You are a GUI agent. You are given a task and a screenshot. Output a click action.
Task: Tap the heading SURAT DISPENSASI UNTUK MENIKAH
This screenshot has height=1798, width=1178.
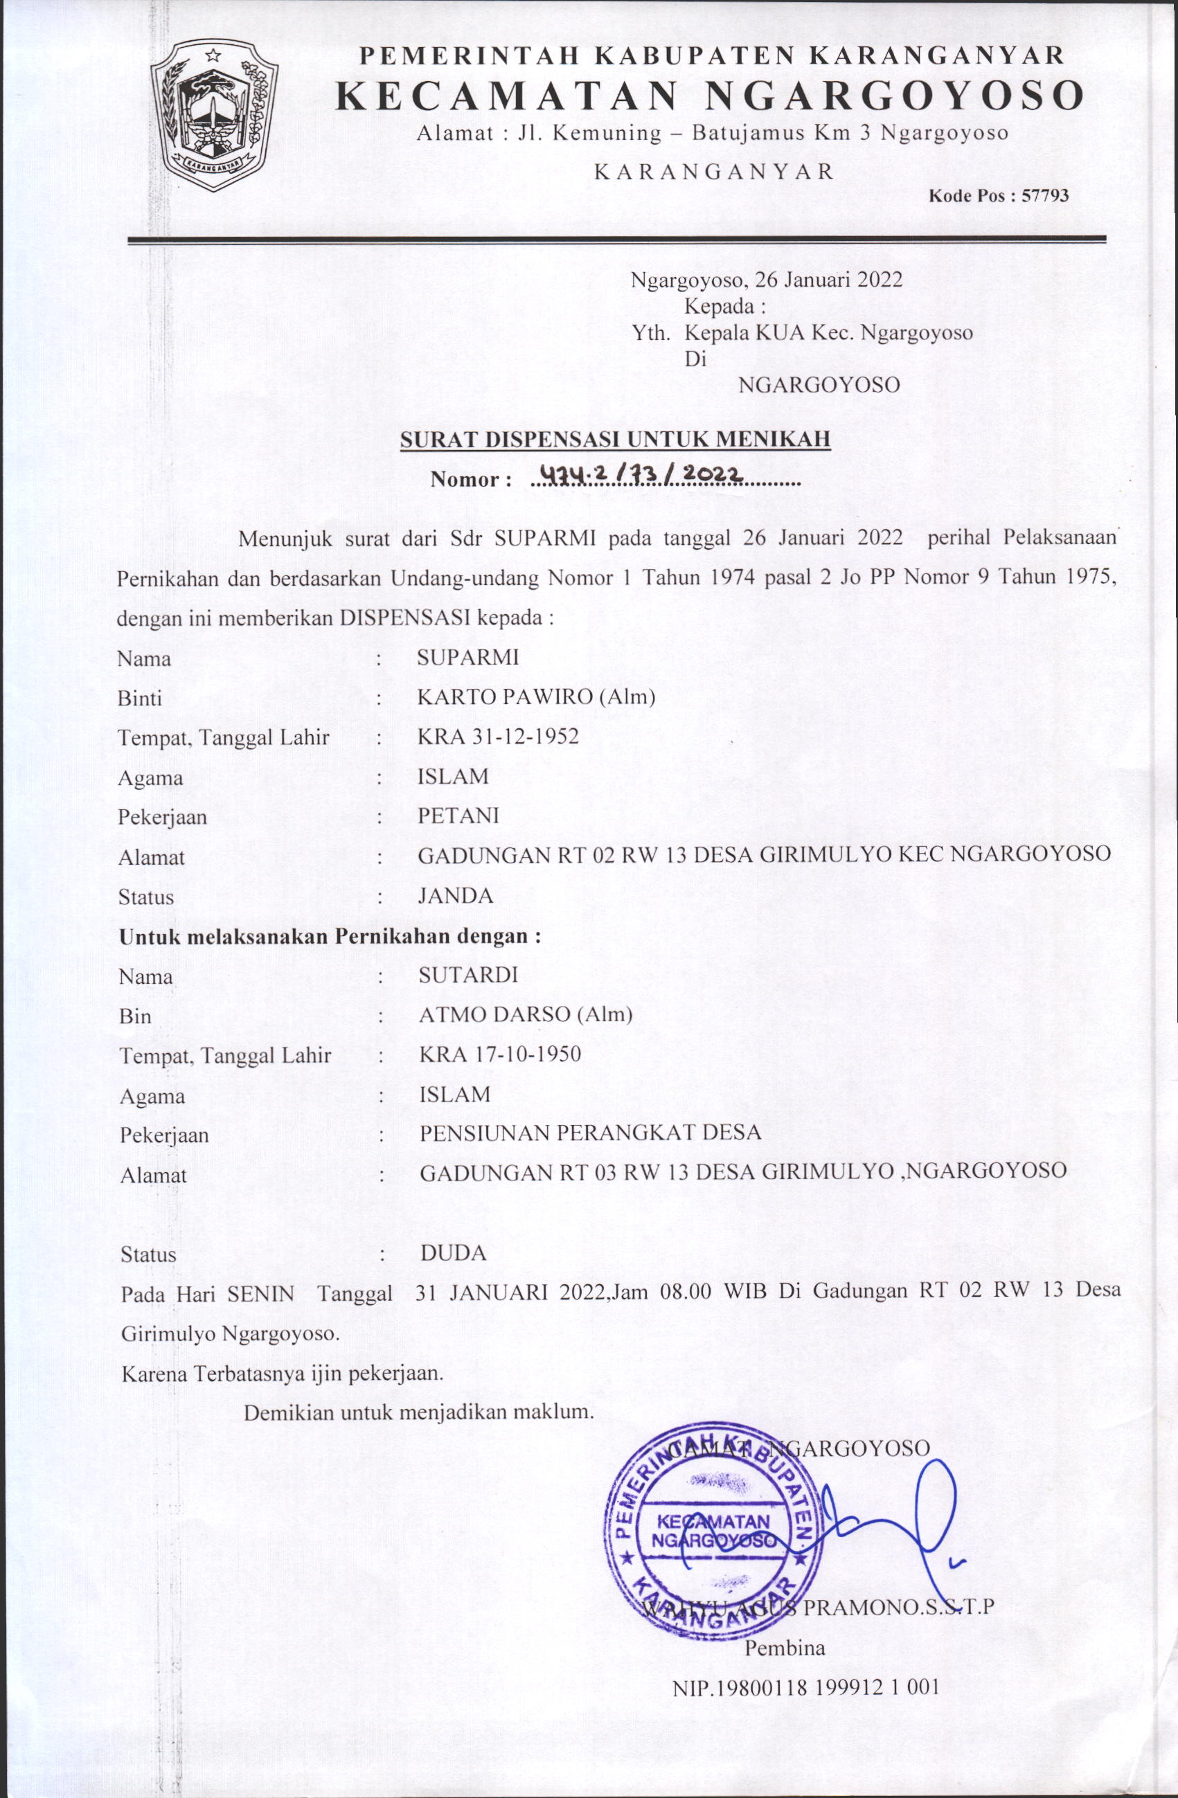tap(615, 439)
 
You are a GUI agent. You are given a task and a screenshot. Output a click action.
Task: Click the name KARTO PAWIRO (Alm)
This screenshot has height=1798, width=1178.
tap(536, 696)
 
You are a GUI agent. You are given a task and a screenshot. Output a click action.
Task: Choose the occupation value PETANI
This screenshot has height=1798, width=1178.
tap(458, 816)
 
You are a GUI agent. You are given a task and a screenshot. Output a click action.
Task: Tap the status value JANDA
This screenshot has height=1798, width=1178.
tap(456, 896)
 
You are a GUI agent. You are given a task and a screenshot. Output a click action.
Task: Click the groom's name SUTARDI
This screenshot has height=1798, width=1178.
tap(468, 976)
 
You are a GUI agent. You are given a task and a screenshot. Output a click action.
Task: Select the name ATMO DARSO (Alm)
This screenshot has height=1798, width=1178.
tap(526, 1014)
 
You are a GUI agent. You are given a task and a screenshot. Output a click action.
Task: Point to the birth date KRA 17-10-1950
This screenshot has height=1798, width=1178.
tap(500, 1054)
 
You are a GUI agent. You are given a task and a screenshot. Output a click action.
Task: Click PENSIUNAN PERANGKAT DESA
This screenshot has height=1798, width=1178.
tap(590, 1133)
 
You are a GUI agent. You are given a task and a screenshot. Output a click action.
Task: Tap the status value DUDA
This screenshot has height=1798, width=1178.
tap(454, 1253)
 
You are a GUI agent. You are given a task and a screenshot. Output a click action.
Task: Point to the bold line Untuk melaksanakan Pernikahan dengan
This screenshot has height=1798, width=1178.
tap(330, 937)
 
